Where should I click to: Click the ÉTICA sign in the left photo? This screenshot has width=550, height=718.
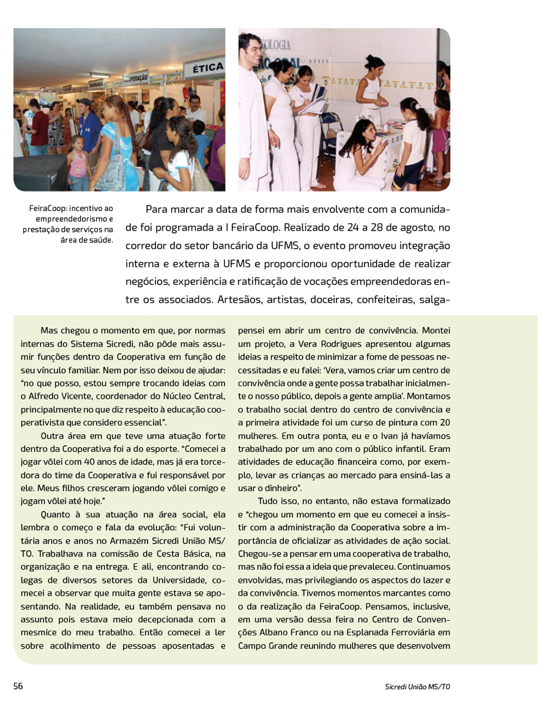pos(204,68)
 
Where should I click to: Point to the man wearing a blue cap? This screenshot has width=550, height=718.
pos(89,128)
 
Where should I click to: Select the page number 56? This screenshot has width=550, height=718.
pos(18,686)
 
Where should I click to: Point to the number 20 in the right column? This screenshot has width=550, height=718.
pos(445,423)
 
